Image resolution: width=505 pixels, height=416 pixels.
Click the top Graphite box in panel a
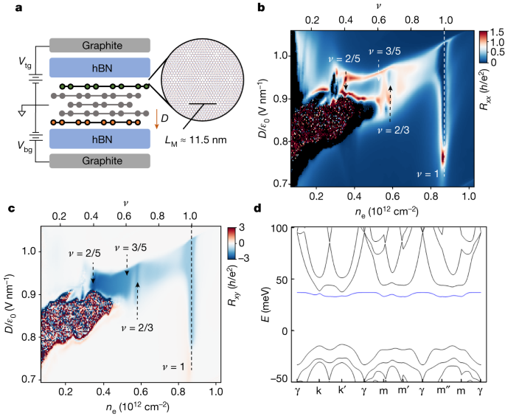pyautogui.click(x=100, y=44)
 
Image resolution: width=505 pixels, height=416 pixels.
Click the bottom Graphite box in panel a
pyautogui.click(x=100, y=162)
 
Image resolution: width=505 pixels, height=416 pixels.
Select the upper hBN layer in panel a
pyautogui.click(x=100, y=67)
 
